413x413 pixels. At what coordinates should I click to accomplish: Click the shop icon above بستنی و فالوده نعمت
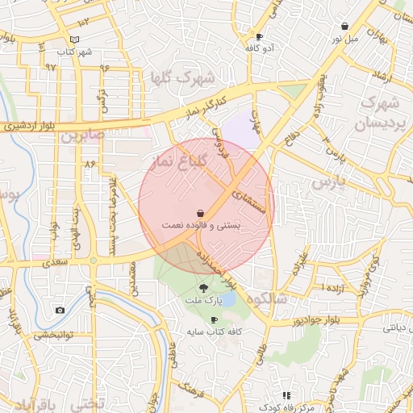199,213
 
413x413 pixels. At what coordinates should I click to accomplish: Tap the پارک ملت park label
206,301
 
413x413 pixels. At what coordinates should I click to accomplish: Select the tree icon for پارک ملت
202,288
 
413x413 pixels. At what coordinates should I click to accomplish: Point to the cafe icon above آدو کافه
259,37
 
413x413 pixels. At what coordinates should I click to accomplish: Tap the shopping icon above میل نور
345,27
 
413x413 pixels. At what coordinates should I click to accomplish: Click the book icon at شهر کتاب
75,40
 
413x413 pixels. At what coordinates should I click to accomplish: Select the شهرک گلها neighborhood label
182,78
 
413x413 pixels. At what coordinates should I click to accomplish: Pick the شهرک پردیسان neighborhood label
377,114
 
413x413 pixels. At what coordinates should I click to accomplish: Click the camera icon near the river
60,310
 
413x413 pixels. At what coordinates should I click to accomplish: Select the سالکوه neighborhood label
269,298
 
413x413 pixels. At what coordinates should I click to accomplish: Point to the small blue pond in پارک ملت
228,299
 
